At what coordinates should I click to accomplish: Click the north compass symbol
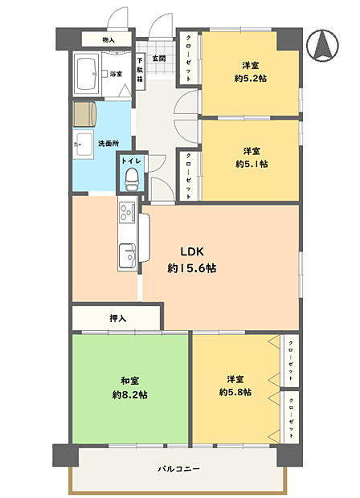(x=322, y=45)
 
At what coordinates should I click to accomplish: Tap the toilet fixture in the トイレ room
(x=132, y=179)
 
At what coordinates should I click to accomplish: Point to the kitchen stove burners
(x=127, y=211)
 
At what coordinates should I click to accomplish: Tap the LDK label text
(x=192, y=252)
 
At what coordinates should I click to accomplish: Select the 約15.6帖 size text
(x=192, y=268)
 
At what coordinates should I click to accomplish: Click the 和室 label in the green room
(x=129, y=381)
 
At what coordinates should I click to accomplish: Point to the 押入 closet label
(x=118, y=318)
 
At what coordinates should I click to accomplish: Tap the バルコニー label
(x=179, y=468)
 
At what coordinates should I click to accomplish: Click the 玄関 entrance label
(x=159, y=59)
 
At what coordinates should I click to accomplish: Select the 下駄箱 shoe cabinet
(x=140, y=69)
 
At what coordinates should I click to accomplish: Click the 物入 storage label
(x=108, y=40)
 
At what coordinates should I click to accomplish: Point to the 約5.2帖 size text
(x=251, y=78)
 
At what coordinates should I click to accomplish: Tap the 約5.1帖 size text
(x=252, y=164)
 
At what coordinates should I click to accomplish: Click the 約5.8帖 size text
(x=235, y=392)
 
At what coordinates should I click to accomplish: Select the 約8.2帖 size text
(x=129, y=394)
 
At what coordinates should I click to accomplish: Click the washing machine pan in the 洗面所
(x=84, y=114)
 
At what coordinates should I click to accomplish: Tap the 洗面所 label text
(x=108, y=144)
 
